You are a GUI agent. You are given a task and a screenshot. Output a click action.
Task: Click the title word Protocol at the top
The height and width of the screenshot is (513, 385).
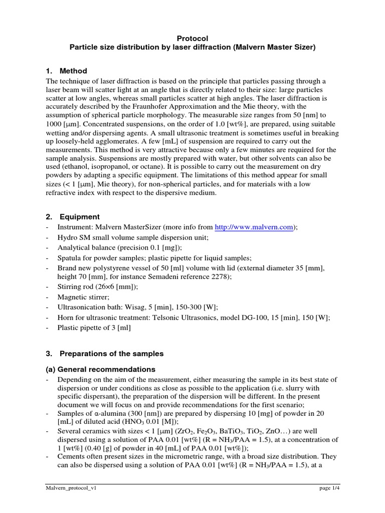[192, 38]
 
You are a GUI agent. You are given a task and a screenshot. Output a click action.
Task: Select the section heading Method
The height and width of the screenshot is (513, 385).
[73, 71]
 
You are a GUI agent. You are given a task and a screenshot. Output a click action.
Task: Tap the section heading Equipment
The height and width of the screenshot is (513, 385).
[80, 217]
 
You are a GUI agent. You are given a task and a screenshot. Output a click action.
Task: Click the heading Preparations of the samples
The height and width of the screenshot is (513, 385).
[112, 353]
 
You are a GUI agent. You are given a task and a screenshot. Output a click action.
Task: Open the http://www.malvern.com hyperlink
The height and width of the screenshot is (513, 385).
[254, 227]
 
